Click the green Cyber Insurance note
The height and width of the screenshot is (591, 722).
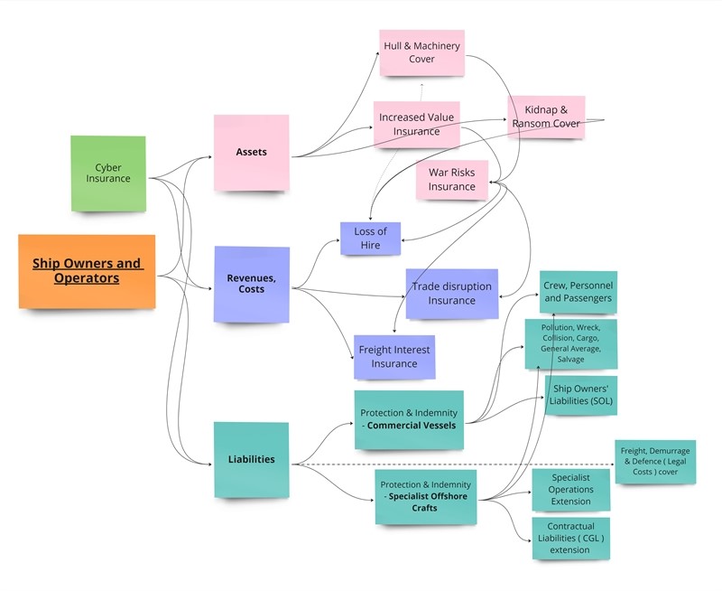tap(108, 174)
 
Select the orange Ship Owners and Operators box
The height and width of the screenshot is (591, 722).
tap(87, 271)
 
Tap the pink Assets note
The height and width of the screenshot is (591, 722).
tap(251, 152)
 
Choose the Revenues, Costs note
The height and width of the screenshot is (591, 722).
tap(252, 284)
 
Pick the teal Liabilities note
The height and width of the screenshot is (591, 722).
tap(251, 459)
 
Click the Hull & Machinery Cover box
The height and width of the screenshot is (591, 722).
tap(421, 52)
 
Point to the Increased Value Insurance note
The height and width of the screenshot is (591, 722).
tap(416, 125)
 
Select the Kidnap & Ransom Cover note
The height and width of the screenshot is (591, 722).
tap(546, 117)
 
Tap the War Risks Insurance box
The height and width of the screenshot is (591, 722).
tap(451, 180)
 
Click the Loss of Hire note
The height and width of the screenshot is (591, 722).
tap(370, 239)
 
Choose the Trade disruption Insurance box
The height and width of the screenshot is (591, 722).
tap(451, 294)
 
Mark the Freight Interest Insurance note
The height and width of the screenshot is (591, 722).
tap(394, 356)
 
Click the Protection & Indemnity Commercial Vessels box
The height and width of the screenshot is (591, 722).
tap(410, 419)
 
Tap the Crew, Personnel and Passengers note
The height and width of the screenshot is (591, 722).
tap(578, 292)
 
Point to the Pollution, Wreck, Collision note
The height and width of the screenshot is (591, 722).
tap(570, 342)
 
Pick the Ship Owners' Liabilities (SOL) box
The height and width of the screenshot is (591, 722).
tap(580, 395)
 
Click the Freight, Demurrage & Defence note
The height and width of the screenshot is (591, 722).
tap(655, 462)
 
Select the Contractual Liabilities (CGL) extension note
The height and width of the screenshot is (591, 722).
tap(570, 538)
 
